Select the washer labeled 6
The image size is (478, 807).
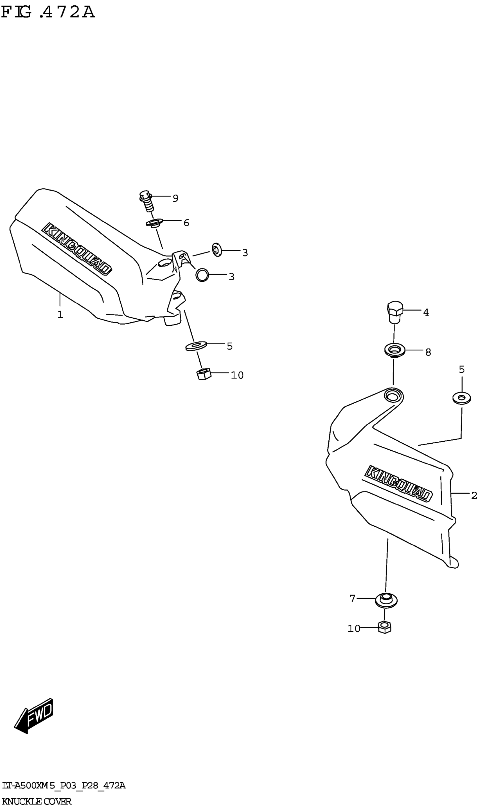(x=154, y=222)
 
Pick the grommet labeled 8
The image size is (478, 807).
(x=394, y=350)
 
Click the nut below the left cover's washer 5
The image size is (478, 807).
(x=203, y=374)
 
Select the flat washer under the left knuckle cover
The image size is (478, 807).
(x=196, y=346)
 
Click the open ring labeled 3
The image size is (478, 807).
(x=202, y=275)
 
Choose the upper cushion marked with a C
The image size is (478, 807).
(x=217, y=250)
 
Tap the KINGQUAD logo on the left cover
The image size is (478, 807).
(x=77, y=249)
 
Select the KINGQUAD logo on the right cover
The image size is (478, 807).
(x=398, y=484)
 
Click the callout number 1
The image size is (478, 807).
(x=60, y=315)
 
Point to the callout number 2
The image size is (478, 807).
(x=474, y=496)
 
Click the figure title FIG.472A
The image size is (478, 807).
(x=48, y=12)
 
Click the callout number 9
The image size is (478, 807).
(x=175, y=198)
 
